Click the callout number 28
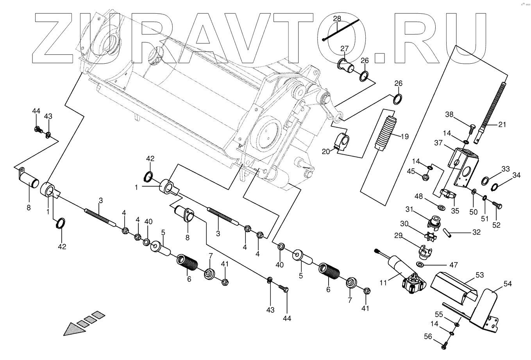point(337,19)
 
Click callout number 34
point(517,175)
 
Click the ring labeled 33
point(485,180)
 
